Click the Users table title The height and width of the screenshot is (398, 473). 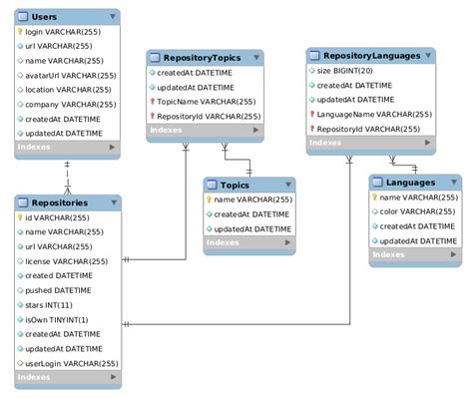click(45, 17)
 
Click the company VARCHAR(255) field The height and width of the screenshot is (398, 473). click(69, 104)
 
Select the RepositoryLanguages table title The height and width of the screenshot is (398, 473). click(372, 55)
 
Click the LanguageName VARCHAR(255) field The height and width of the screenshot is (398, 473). click(372, 114)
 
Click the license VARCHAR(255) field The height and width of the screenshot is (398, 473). click(66, 261)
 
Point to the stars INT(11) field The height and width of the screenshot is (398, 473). click(49, 304)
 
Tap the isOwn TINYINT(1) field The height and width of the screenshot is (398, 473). click(58, 319)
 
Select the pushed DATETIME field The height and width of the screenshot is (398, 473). click(58, 290)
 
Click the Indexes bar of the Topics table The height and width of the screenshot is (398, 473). click(249, 243)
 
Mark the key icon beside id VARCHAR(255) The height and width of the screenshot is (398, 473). click(20, 217)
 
